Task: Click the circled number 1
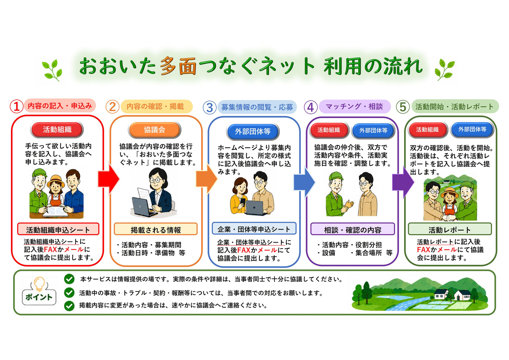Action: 16,106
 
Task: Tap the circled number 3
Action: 209,108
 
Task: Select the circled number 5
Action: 403,107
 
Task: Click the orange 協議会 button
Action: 154,130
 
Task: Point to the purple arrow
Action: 403,182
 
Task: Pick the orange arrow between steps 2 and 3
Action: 206,179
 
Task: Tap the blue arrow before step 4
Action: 304,182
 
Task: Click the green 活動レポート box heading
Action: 450,229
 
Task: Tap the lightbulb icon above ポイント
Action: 39,284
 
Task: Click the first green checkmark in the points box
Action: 69,279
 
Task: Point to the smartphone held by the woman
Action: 243,202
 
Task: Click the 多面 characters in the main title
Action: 178,66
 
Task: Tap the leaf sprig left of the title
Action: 52,70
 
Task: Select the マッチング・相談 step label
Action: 355,106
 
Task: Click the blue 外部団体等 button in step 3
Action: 253,132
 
